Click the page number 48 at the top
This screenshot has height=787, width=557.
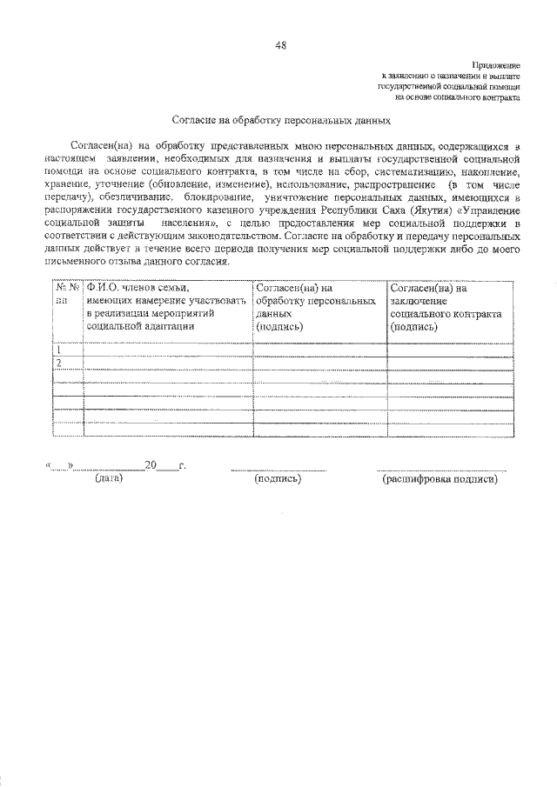point(278,45)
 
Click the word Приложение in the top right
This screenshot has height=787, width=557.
point(498,66)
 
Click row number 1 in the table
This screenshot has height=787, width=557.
point(60,350)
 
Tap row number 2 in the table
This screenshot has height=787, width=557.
point(60,363)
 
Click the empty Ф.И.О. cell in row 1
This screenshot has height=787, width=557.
point(168,350)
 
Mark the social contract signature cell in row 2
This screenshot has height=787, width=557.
point(453,363)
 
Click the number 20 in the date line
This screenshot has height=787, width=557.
point(150,465)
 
